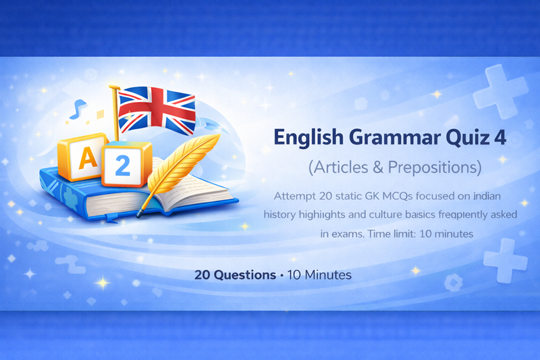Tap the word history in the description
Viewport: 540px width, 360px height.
click(283, 214)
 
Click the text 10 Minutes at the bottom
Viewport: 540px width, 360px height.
click(319, 276)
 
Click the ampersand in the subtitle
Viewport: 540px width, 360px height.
click(377, 167)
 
